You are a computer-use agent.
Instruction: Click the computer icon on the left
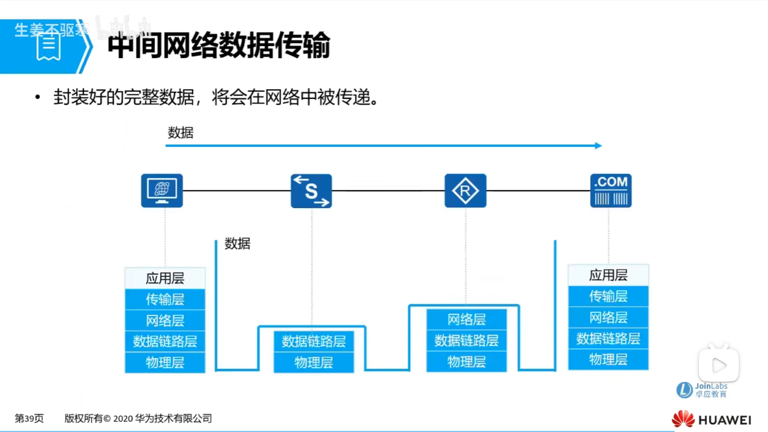click(x=162, y=191)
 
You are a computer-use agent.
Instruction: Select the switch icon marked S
click(x=311, y=191)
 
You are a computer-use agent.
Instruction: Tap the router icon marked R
click(x=465, y=191)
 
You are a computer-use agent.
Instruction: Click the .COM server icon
click(x=611, y=191)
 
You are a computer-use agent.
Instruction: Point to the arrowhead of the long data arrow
click(x=598, y=145)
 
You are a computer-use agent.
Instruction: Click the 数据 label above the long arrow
click(x=181, y=133)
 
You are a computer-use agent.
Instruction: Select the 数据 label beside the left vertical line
click(x=238, y=244)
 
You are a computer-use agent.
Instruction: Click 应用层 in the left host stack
click(x=165, y=278)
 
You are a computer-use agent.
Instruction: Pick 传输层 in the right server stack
click(x=608, y=296)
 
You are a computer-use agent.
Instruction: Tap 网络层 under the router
click(x=467, y=319)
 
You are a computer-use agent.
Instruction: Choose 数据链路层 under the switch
click(x=314, y=341)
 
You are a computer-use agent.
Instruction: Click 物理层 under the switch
click(x=314, y=362)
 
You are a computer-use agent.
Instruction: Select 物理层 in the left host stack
click(x=165, y=362)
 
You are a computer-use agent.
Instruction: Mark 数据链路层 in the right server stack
click(x=608, y=338)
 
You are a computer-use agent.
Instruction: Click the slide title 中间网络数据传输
click(x=219, y=46)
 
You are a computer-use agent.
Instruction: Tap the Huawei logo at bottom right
click(x=711, y=419)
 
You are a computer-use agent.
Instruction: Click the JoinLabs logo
click(x=702, y=390)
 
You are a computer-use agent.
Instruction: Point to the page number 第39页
click(x=29, y=419)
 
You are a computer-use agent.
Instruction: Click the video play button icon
click(x=719, y=364)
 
